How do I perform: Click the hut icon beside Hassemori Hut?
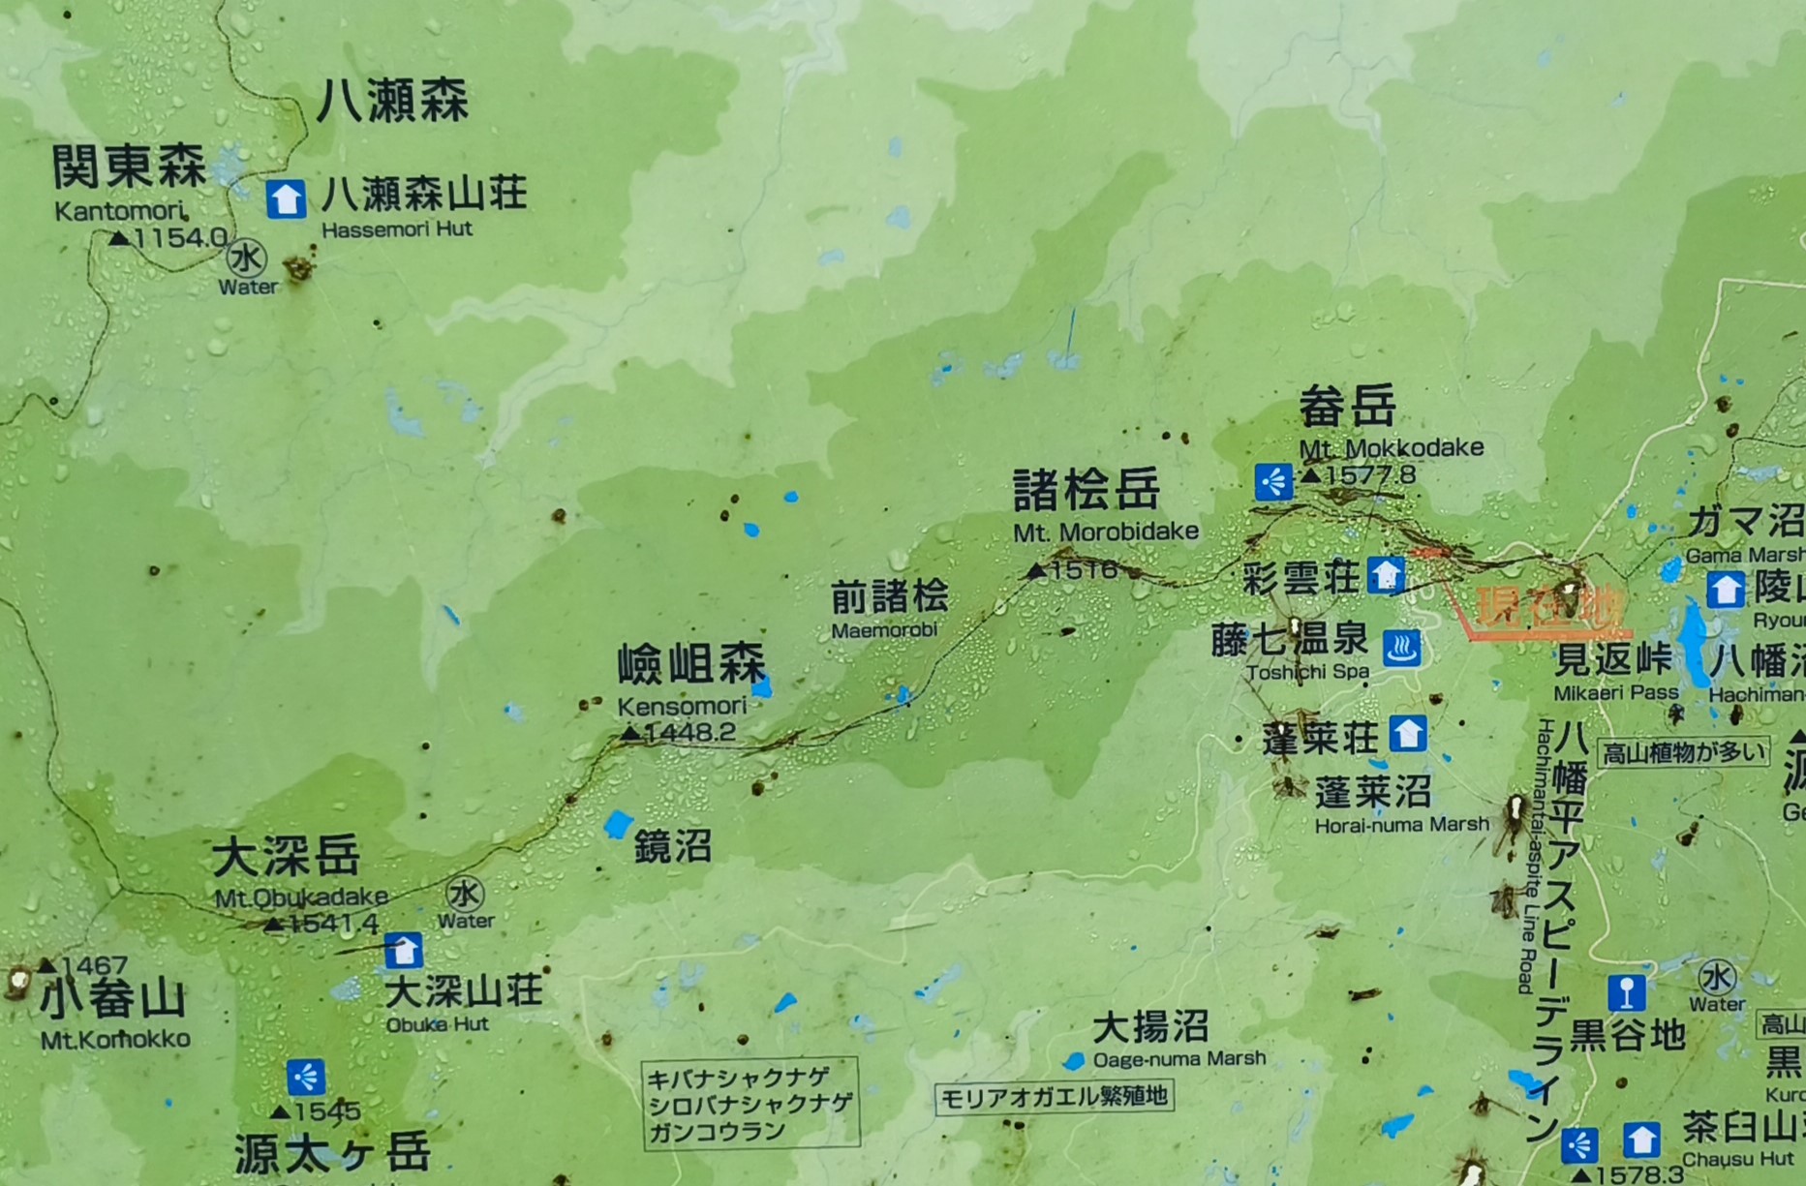(286, 199)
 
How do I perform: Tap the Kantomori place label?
(118, 211)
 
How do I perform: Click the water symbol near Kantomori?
(246, 258)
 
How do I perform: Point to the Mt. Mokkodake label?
(1391, 448)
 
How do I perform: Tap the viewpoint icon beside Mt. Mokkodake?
(1273, 481)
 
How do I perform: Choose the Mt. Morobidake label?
(1106, 532)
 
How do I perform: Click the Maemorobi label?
(884, 630)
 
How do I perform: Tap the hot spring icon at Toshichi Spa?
(1401, 648)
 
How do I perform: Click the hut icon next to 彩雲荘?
(1386, 575)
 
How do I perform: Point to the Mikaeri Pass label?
(1615, 693)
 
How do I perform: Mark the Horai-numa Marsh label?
(1401, 825)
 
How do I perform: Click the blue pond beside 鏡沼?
(618, 825)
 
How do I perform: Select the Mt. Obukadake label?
(300, 897)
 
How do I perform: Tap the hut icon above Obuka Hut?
(403, 950)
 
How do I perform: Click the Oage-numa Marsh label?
(1178, 1059)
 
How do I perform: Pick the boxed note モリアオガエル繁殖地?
(1054, 1097)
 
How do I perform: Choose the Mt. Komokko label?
(115, 1040)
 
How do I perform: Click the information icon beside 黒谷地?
(1626, 992)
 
